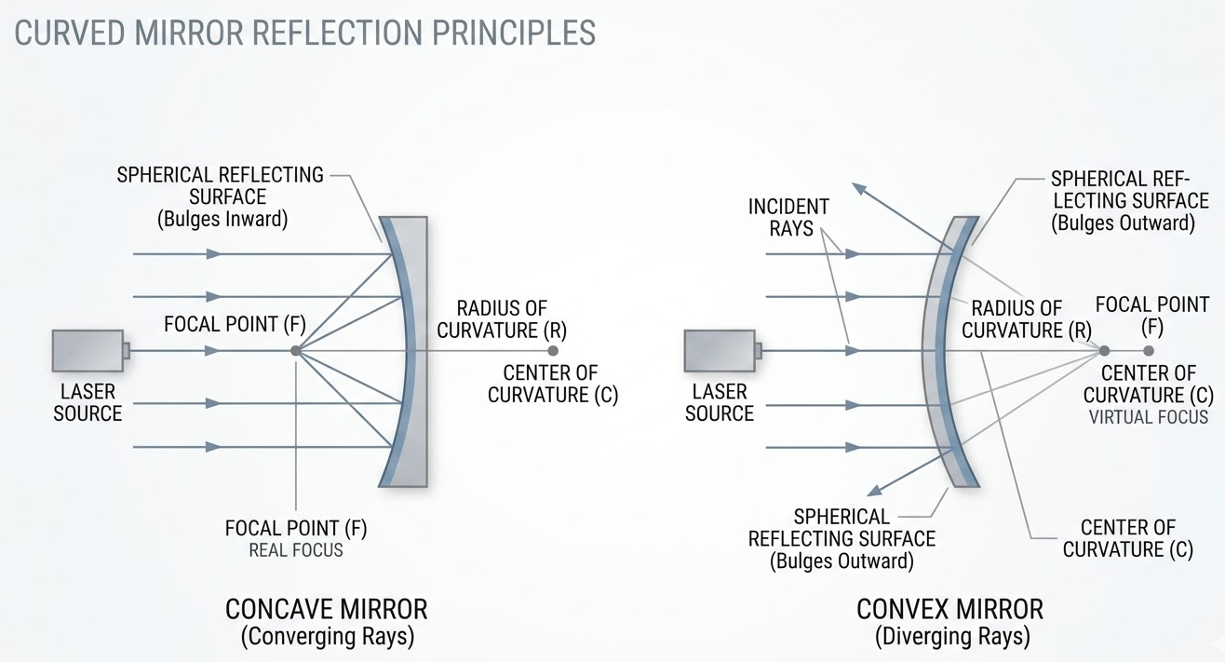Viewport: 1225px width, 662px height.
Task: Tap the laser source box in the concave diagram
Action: [x=88, y=350]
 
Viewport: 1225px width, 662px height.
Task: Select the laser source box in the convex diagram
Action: [x=720, y=351]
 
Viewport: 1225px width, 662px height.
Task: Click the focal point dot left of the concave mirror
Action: [x=295, y=351]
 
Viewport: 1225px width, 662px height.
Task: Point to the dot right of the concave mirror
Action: [x=553, y=351]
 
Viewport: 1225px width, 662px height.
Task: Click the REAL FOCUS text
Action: [x=296, y=550]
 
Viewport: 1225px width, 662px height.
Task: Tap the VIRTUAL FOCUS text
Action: [x=1148, y=417]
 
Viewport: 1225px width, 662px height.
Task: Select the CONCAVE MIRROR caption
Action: [x=327, y=610]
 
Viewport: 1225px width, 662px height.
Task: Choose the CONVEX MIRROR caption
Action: [x=949, y=610]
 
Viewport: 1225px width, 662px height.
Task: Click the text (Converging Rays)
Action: [x=327, y=637]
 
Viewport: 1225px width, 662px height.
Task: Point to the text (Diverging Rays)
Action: [x=951, y=637]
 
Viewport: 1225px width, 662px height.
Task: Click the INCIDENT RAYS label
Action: [x=788, y=217]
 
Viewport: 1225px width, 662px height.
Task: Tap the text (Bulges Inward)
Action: [x=222, y=220]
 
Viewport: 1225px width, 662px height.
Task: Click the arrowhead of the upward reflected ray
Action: [x=859, y=188]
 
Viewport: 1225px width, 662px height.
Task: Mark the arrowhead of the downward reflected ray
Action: [x=872, y=490]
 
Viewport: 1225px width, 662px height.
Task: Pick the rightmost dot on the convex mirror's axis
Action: [x=1149, y=351]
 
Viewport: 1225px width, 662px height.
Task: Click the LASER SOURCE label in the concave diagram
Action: [x=87, y=401]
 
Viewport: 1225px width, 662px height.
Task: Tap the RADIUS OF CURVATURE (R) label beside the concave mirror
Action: [x=502, y=318]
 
